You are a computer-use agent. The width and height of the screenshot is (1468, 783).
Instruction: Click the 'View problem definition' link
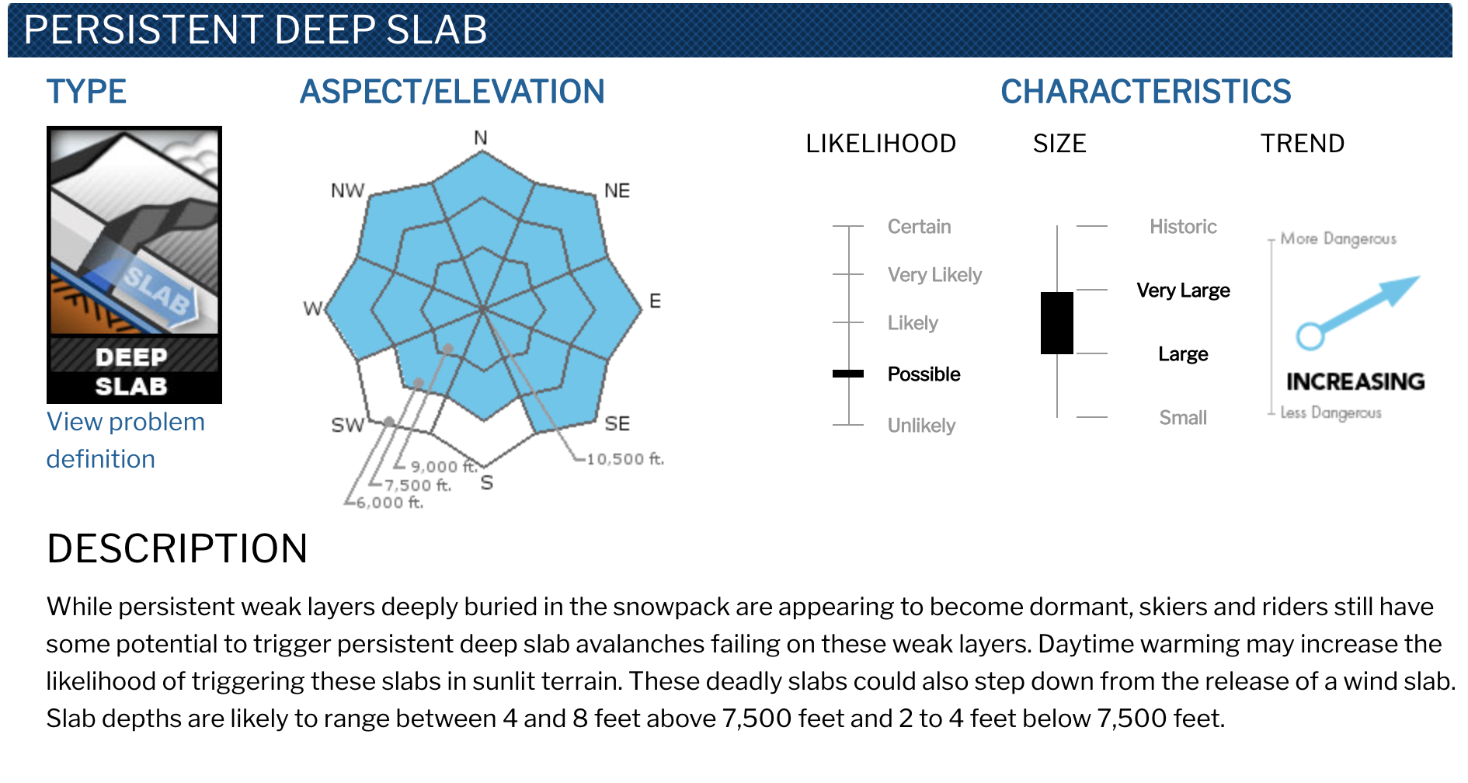pos(125,440)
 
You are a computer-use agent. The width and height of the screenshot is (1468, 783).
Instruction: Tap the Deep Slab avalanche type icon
pos(134,265)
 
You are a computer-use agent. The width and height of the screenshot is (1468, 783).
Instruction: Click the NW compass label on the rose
pos(347,191)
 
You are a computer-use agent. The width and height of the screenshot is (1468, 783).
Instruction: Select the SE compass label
pos(617,423)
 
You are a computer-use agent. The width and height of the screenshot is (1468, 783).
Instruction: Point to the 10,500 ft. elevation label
pos(625,459)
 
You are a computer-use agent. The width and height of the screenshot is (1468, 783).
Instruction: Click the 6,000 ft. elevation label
pos(390,503)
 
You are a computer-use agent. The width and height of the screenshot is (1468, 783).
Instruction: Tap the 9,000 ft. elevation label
pos(444,466)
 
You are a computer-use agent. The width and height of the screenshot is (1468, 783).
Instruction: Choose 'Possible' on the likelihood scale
pos(924,374)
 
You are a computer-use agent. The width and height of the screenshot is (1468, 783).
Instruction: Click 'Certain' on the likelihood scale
pos(920,227)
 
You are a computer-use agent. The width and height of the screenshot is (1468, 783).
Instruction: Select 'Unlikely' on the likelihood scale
pos(922,426)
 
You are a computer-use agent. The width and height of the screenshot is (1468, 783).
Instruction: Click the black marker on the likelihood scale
pos(848,374)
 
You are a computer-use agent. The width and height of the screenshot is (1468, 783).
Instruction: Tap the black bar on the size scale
pos(1057,323)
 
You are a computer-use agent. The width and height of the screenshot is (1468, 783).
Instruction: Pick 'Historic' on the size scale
pos(1184,227)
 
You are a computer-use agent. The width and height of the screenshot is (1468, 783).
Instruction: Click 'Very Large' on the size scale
pos(1184,291)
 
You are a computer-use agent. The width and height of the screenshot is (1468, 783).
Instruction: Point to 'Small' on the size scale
pos(1184,418)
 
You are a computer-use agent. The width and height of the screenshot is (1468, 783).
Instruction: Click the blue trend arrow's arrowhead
pos(1402,289)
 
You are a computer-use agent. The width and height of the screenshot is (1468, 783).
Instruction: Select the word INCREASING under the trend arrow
pos(1355,381)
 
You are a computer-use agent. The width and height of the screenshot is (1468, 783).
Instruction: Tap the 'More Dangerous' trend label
pos(1338,238)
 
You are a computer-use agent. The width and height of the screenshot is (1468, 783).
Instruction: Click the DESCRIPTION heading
pos(177,548)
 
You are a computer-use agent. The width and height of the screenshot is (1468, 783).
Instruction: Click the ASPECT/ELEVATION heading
pos(452,92)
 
